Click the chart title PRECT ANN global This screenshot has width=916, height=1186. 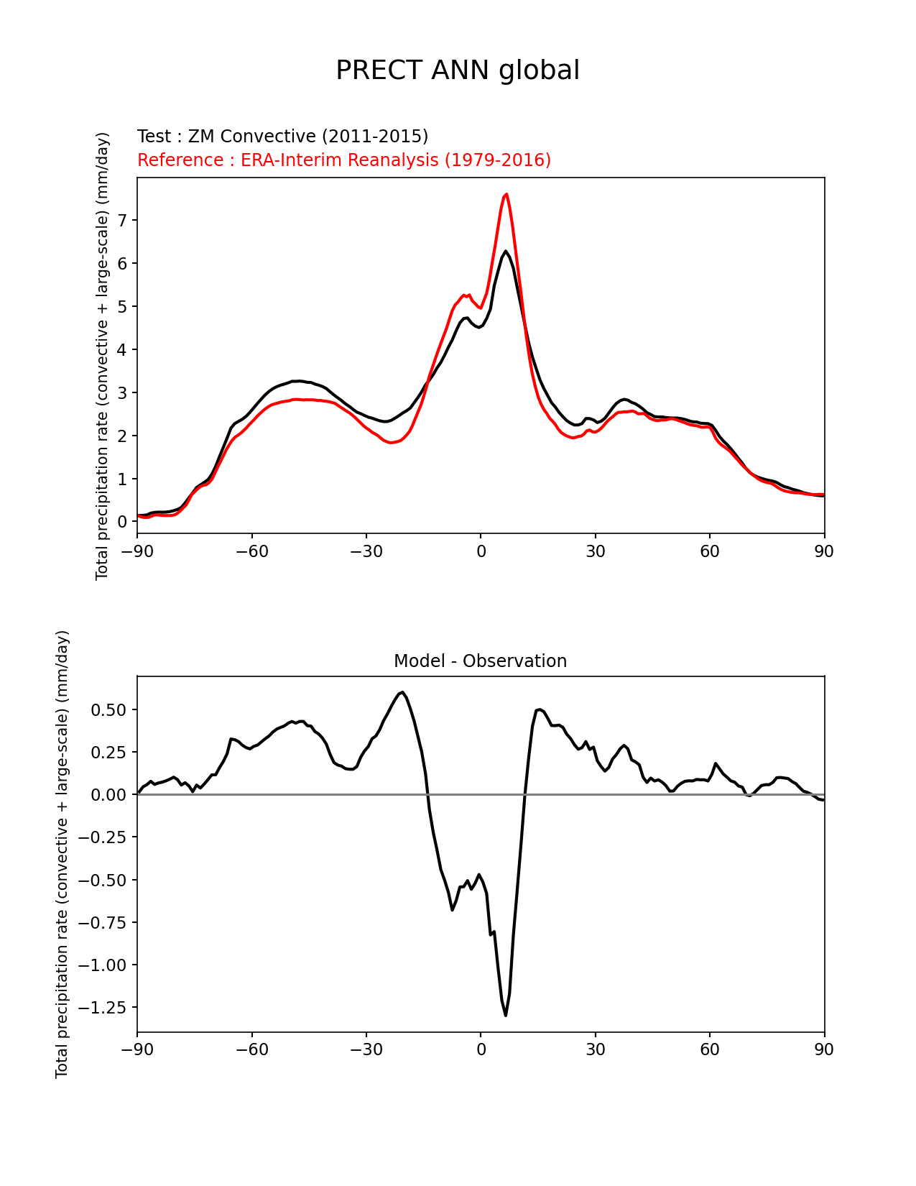click(x=458, y=70)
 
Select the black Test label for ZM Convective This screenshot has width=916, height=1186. click(x=282, y=137)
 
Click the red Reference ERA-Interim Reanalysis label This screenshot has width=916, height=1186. click(x=344, y=160)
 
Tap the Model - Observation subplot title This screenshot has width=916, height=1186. click(x=480, y=661)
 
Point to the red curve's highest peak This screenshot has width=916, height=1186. click(x=506, y=194)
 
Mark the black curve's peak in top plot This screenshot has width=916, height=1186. click(x=505, y=251)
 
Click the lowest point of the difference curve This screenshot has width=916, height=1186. click(x=506, y=1015)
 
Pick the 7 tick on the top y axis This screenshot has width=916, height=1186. click(x=123, y=220)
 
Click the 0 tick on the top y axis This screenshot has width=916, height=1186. click(x=123, y=522)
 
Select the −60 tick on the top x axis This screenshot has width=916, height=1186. click(x=251, y=551)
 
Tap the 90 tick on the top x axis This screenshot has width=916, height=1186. click(x=824, y=551)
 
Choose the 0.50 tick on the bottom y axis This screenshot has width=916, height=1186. click(x=111, y=709)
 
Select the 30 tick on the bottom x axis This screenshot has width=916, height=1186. click(x=595, y=1049)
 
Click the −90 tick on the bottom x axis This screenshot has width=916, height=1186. click(x=137, y=1049)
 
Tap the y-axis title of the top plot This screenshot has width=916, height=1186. click(x=103, y=356)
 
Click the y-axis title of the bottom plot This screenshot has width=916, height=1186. click(x=63, y=854)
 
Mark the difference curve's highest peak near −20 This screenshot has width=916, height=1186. click(x=402, y=692)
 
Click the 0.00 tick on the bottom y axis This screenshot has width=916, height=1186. click(x=111, y=794)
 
